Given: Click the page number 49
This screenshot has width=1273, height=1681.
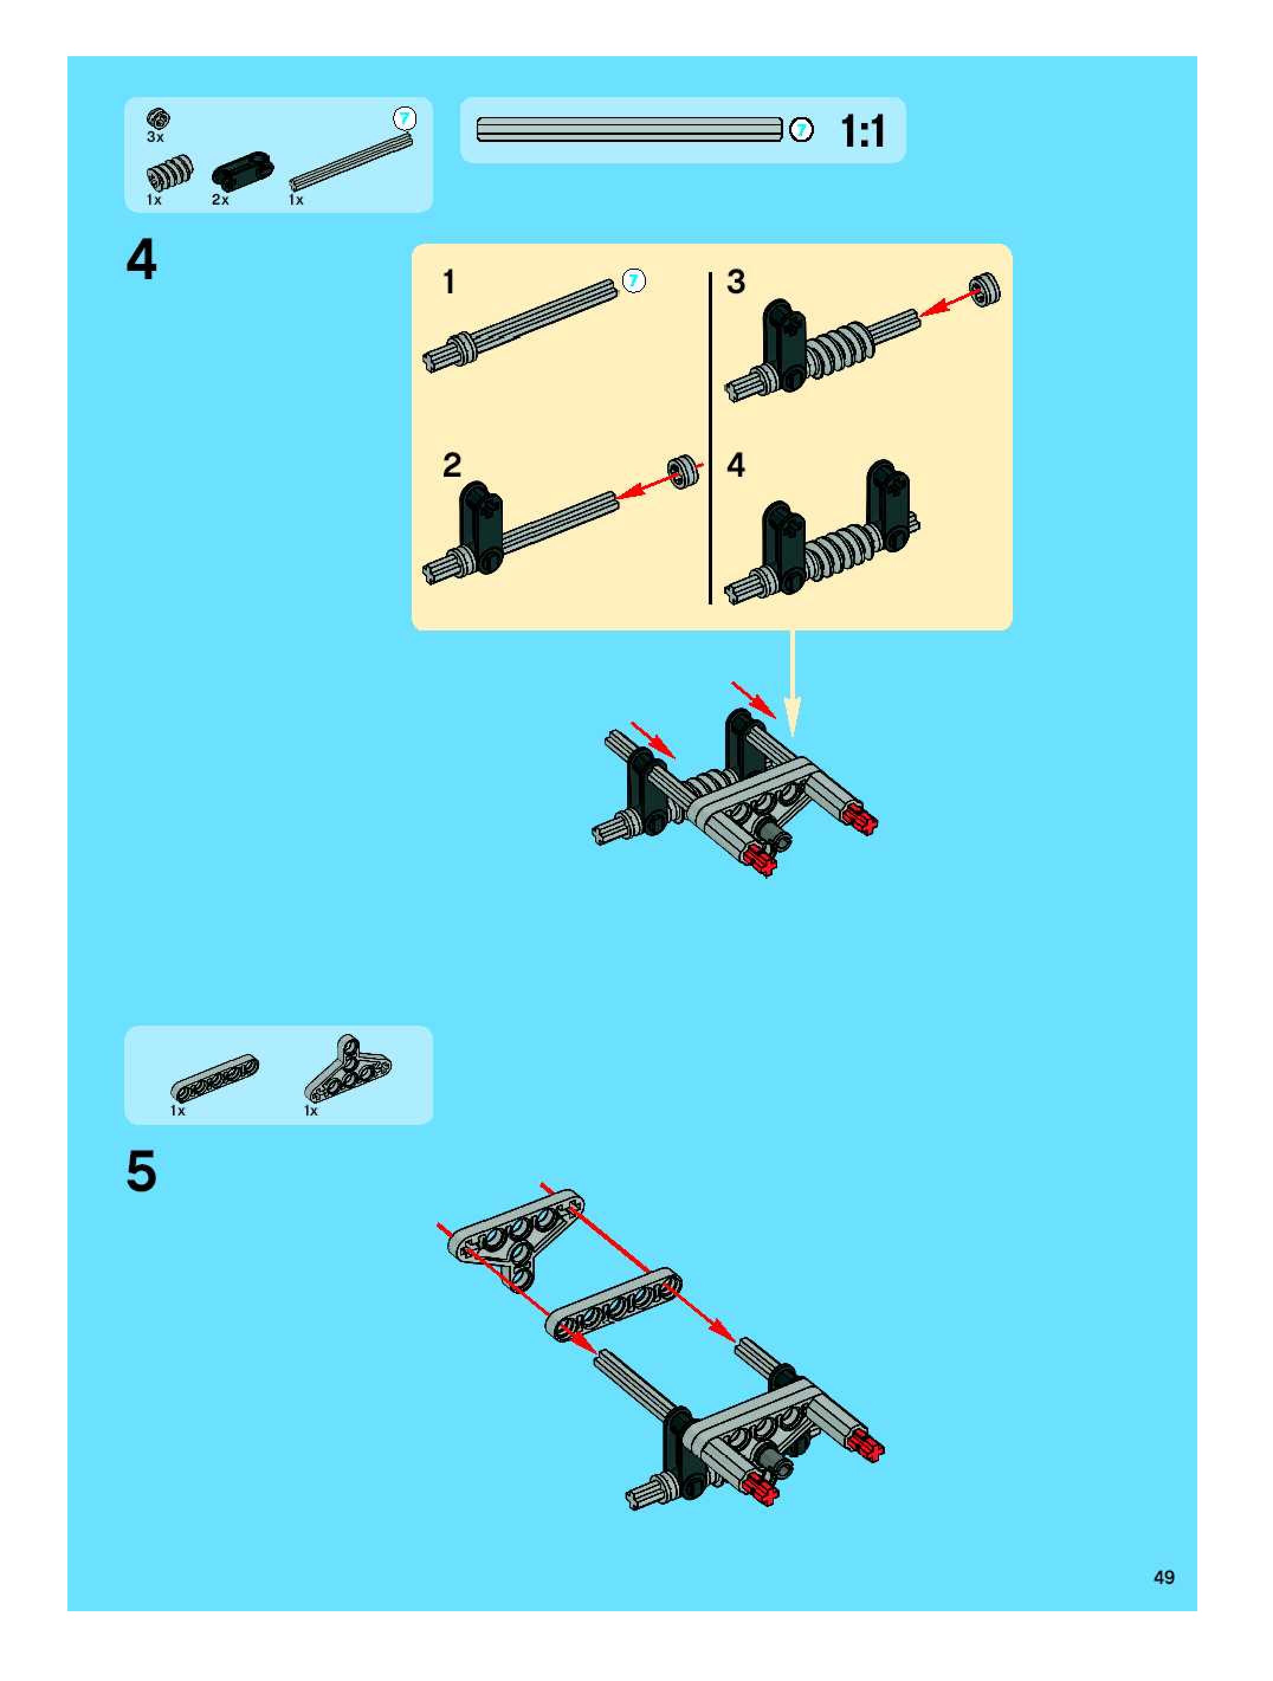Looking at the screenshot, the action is coord(1164,1577).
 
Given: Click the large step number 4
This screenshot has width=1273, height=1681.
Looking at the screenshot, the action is coord(141,259).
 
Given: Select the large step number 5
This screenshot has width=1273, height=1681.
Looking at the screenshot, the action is coord(141,1171).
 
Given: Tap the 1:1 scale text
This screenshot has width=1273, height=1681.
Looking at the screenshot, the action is coord(862,131).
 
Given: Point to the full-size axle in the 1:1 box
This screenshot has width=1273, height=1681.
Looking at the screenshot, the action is coord(629,129).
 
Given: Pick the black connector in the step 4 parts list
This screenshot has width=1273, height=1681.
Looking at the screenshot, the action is coord(242,170).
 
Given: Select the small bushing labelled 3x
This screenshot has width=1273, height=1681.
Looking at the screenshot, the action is coord(158,118).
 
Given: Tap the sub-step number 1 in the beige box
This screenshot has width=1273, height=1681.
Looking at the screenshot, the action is coord(449,282).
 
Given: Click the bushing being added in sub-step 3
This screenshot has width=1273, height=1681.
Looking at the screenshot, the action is coord(985,290).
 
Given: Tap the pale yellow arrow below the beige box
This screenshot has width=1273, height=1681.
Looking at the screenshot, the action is coord(792,683).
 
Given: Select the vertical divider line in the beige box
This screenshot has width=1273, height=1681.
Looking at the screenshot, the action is coord(710,438).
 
